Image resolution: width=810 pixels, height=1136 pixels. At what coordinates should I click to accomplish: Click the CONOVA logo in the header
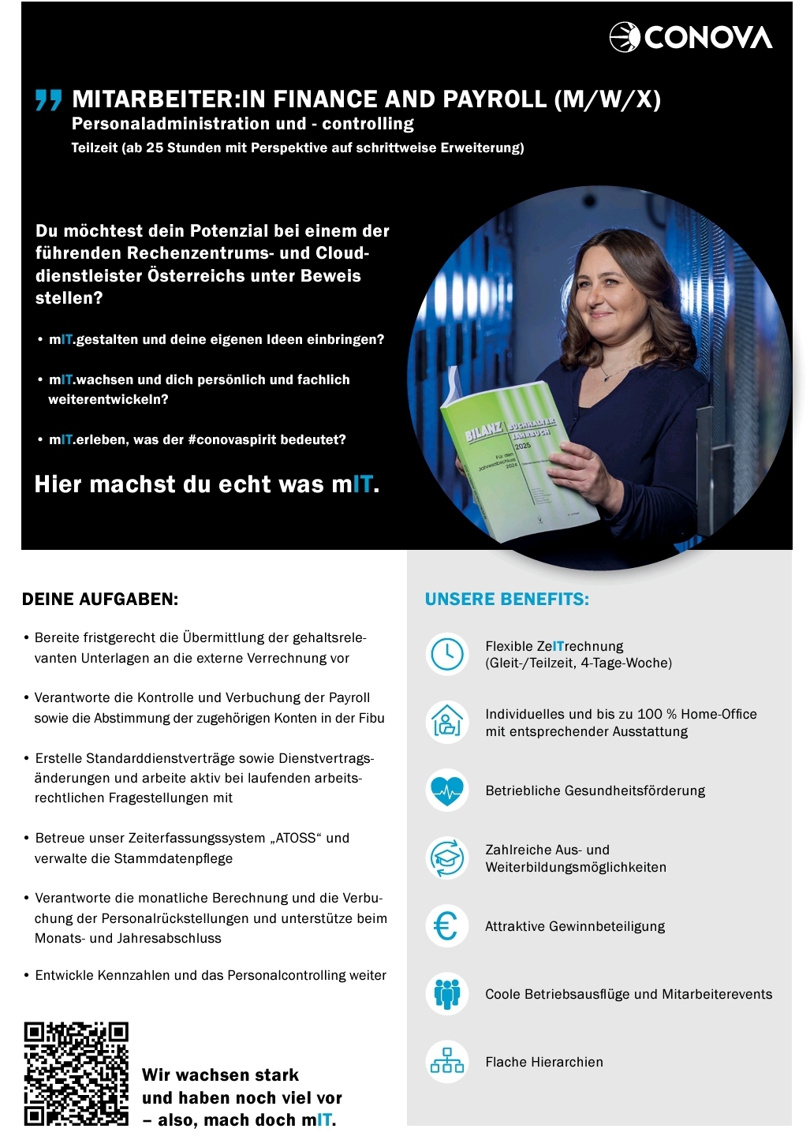tap(691, 36)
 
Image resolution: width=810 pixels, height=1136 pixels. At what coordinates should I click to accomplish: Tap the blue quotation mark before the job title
tap(48, 100)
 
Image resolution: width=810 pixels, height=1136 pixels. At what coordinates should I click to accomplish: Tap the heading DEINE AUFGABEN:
tap(100, 599)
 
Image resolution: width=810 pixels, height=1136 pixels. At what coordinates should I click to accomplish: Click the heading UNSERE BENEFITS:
tap(507, 599)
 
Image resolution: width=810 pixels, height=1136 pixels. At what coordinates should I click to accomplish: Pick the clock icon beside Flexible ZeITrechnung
tap(447, 654)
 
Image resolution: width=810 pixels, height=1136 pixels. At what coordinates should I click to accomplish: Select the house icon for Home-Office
tap(447, 722)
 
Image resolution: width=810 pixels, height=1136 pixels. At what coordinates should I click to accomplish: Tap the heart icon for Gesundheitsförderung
tap(447, 790)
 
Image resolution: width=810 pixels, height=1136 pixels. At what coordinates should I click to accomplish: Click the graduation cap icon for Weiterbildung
tap(447, 858)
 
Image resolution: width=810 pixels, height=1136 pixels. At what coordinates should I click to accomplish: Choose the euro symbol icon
tap(447, 926)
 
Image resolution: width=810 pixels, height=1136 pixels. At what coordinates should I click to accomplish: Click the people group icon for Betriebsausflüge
tap(447, 994)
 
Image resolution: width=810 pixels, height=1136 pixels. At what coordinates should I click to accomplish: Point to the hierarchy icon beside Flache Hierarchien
tap(447, 1062)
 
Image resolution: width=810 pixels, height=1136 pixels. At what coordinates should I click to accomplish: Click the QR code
tap(76, 1074)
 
